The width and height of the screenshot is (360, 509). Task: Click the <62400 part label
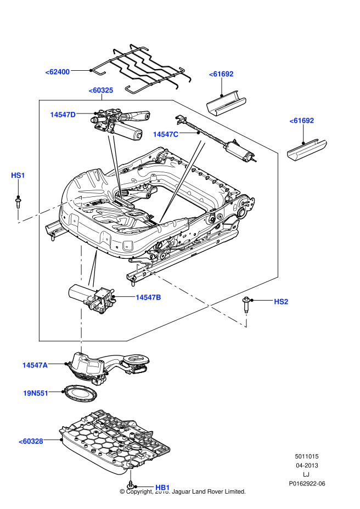(58, 71)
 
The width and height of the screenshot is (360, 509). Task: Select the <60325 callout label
(101, 90)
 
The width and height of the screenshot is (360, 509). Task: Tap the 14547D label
(63, 114)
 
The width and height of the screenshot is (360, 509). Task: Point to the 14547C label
(166, 134)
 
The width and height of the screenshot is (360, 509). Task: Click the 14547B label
(149, 297)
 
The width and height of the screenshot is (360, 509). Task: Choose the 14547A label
(35, 365)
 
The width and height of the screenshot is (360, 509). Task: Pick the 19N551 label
(36, 393)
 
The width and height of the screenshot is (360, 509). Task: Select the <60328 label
(31, 440)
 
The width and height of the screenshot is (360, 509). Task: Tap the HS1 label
(18, 175)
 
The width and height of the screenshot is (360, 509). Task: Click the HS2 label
(281, 301)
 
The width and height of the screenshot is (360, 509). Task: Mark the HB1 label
(162, 487)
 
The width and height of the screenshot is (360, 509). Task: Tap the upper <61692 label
(221, 73)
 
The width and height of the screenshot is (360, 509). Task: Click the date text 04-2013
(307, 465)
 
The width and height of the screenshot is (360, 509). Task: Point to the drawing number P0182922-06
(307, 484)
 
